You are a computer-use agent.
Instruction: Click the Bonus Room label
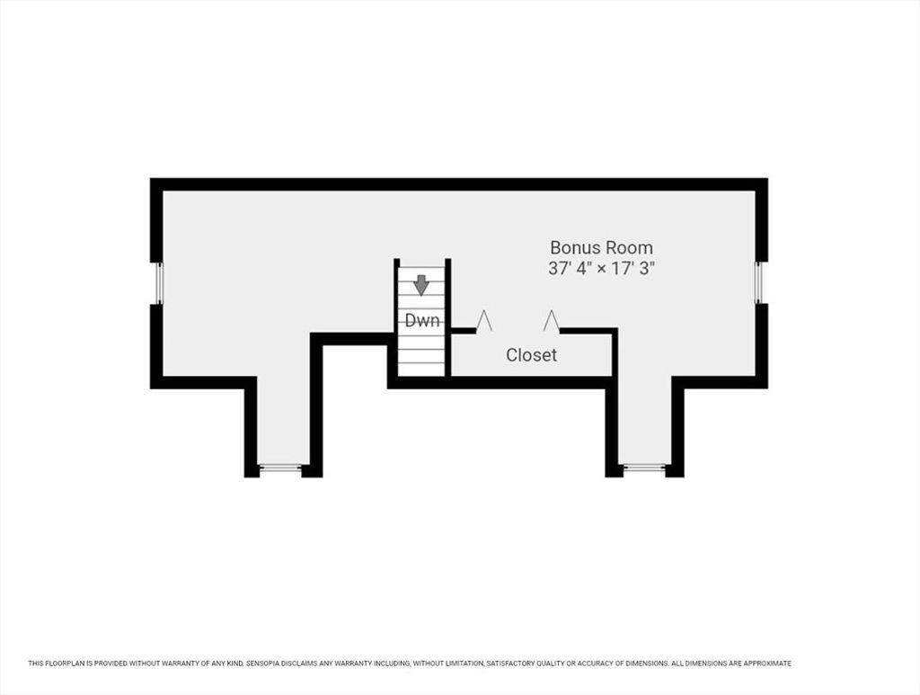tap(601, 247)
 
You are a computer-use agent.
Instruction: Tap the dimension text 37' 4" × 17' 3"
tap(601, 268)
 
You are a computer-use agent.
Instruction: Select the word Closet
tap(532, 355)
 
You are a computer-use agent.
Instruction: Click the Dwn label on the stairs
tap(422, 320)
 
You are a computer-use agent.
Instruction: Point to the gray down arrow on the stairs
tap(421, 285)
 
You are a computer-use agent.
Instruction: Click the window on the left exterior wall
tap(158, 283)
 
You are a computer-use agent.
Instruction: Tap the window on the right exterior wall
tap(758, 283)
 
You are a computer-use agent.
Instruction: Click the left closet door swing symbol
tap(484, 321)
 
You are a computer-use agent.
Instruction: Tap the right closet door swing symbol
tap(551, 321)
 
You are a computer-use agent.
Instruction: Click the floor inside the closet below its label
tap(532, 370)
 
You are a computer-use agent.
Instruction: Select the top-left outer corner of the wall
tap(151, 178)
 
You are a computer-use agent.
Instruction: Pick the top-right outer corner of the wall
tap(767, 178)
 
